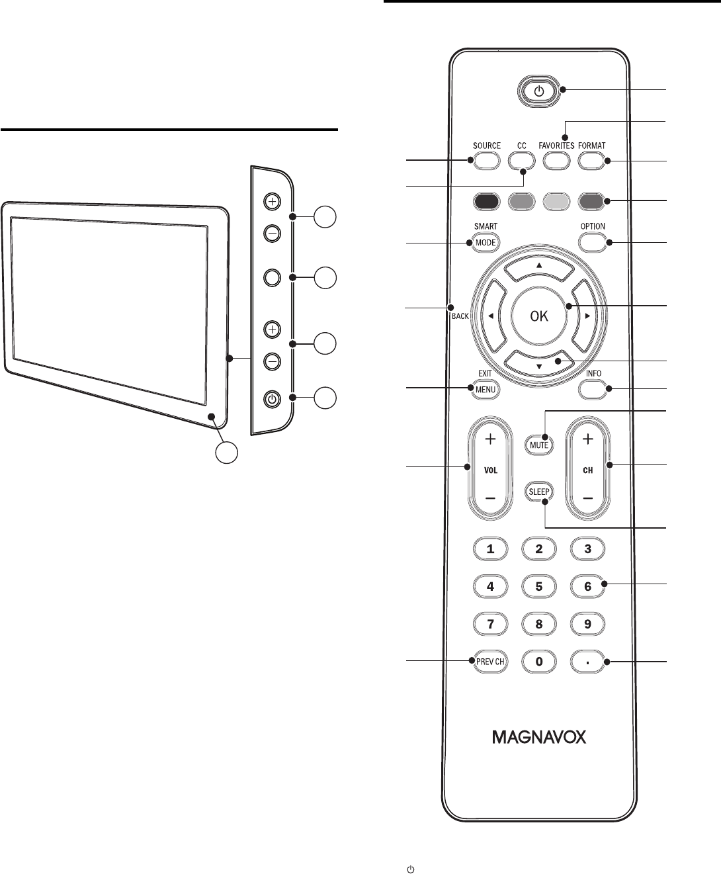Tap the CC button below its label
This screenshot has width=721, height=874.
point(521,160)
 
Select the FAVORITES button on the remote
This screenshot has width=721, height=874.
point(558,160)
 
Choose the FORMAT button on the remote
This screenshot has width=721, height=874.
point(592,160)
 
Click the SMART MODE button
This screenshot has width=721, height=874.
point(485,242)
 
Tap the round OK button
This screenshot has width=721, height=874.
point(539,316)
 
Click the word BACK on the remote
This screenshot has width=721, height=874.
point(460,316)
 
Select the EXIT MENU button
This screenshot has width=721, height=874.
point(485,389)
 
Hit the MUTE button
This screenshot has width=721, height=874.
point(540,445)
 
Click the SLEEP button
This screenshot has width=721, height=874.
point(540,492)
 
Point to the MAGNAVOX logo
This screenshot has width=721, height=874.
point(539,737)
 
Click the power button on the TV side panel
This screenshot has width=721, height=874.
point(272,399)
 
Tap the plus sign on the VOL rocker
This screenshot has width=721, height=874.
point(490,439)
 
